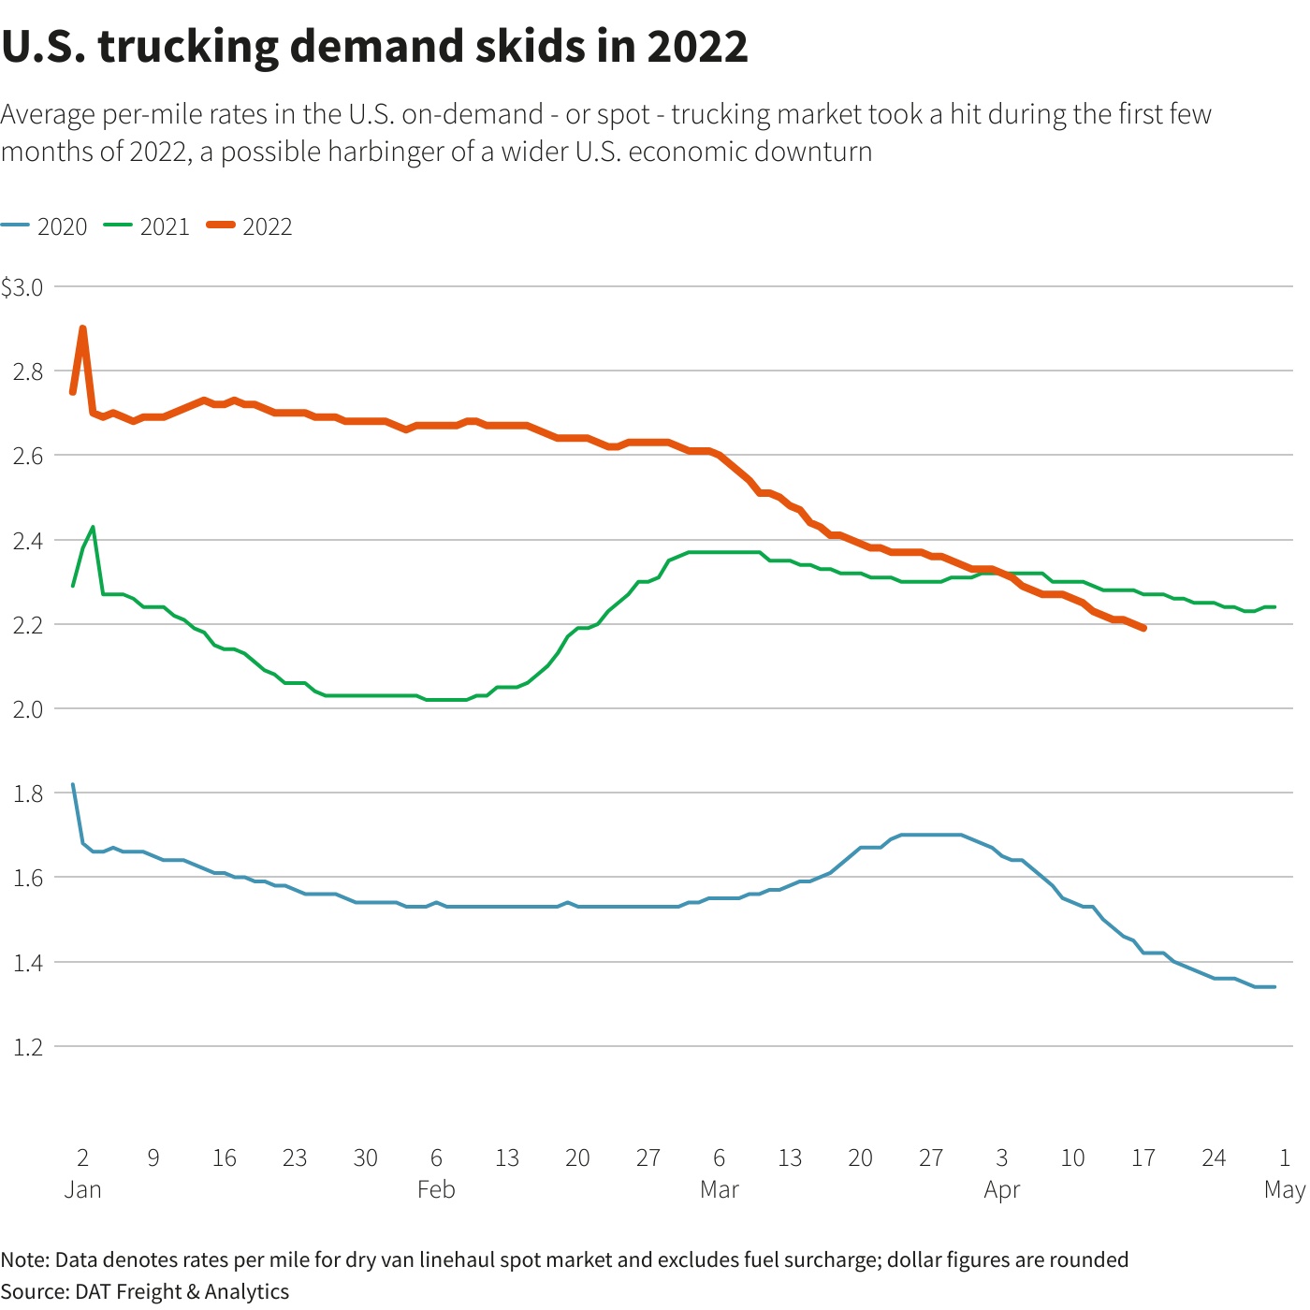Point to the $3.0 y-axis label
22,288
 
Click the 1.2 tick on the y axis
28,1047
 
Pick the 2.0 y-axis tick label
28,709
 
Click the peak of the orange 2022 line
83,328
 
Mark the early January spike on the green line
93,528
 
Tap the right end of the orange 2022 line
1143,628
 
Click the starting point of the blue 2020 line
73,785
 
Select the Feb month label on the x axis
436,1190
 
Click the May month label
1284,1190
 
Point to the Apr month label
1001,1190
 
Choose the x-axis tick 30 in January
365,1158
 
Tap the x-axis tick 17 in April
1143,1158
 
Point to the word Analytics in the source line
247,1292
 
